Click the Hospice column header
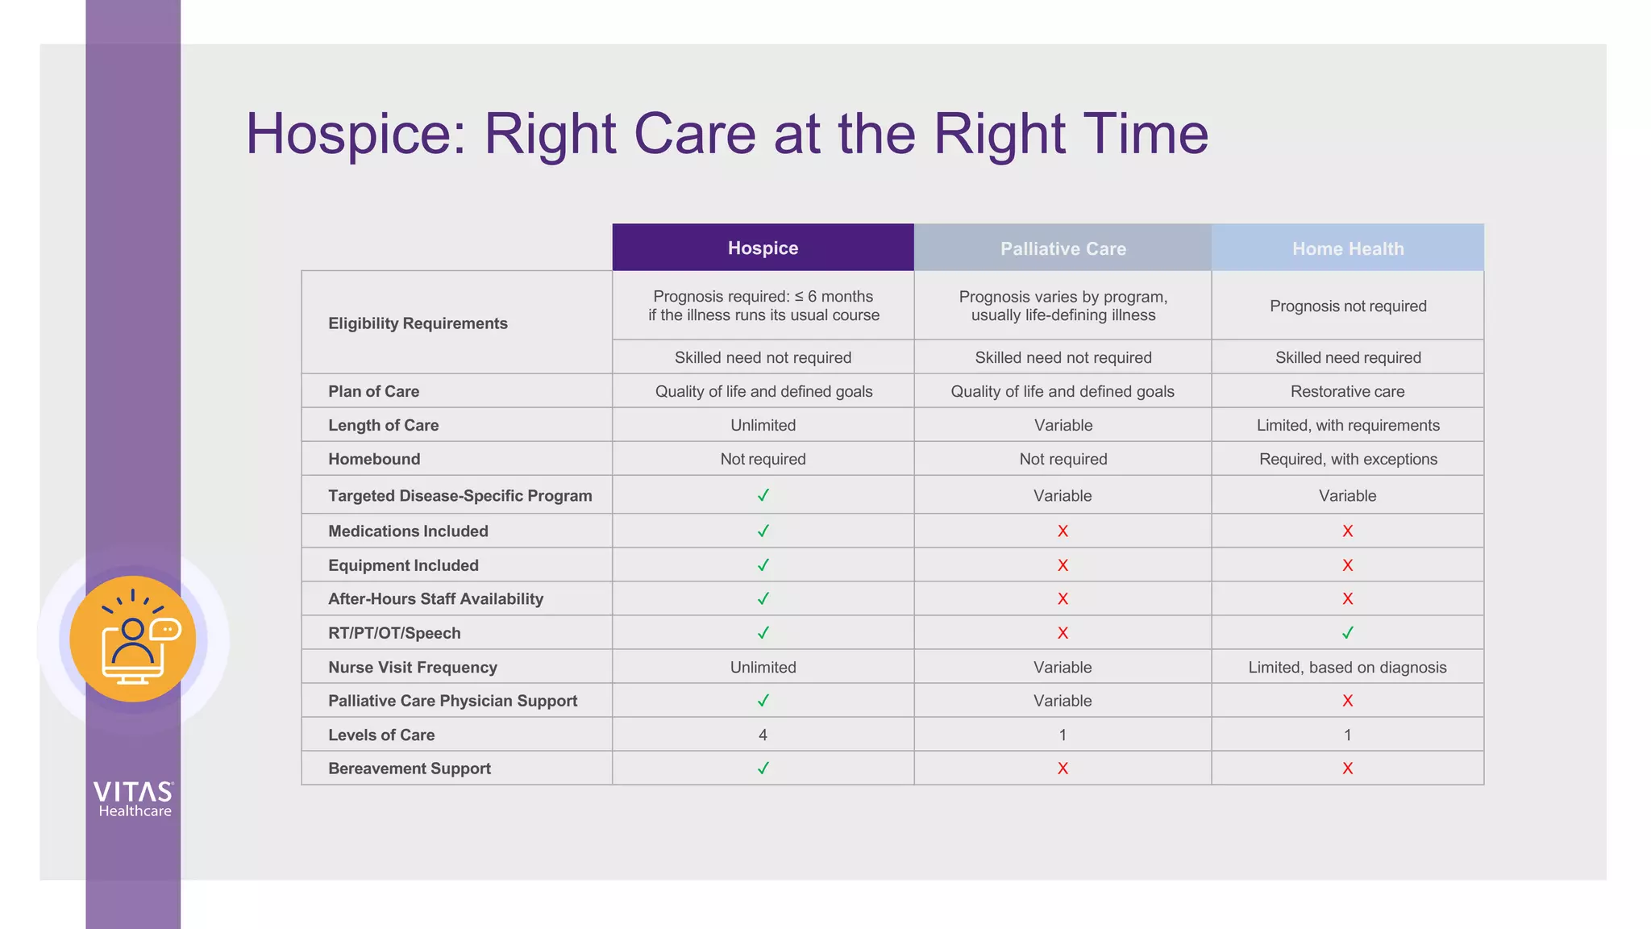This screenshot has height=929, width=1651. (763, 248)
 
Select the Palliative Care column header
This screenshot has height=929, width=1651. (1063, 249)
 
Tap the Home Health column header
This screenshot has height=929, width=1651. (1348, 249)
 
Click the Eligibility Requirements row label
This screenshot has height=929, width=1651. (418, 323)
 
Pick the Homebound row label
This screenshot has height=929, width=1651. (374, 459)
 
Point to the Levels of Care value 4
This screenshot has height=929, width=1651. (763, 735)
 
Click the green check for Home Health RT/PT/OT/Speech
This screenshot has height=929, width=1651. (1348, 633)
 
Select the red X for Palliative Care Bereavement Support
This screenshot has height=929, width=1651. (1063, 769)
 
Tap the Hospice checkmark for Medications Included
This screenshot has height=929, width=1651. (763, 531)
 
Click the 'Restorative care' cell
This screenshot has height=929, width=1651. (1348, 391)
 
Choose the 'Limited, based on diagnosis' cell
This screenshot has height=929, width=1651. (1348, 667)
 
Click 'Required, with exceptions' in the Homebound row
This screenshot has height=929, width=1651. (1348, 459)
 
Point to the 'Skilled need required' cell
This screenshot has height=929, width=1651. (1348, 357)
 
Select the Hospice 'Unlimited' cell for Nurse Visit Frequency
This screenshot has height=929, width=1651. (763, 667)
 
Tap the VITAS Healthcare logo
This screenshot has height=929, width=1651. (133, 799)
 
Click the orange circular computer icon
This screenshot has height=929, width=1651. (133, 639)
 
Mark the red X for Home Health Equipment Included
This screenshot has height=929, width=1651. (1348, 565)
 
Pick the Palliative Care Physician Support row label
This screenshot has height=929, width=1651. (452, 701)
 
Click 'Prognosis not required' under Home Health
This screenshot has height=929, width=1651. (1348, 306)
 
